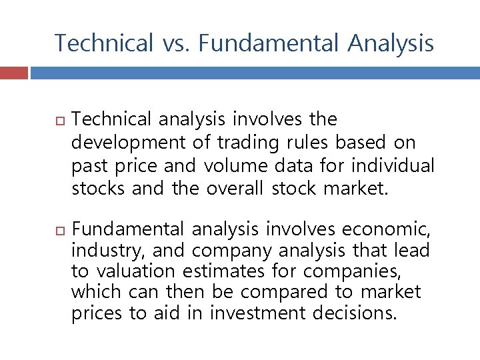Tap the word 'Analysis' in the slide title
pyautogui.click(x=391, y=44)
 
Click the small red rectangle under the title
pyautogui.click(x=14, y=73)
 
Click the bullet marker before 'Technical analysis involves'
pyautogui.click(x=59, y=121)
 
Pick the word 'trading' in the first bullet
pyautogui.click(x=240, y=143)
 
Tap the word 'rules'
pyautogui.click(x=307, y=143)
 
